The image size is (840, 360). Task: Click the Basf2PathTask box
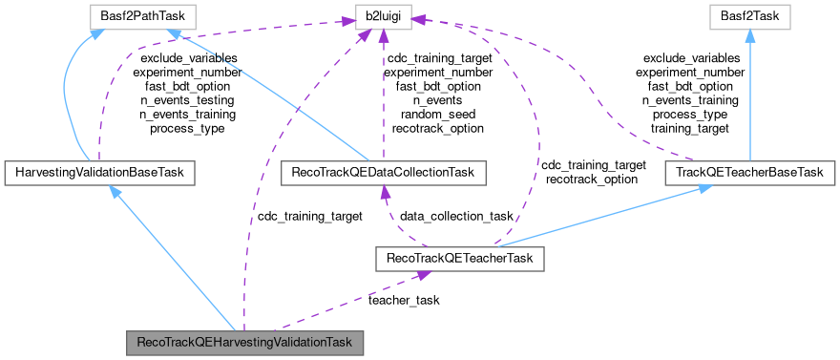tap(142, 16)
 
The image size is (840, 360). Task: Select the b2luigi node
tap(383, 16)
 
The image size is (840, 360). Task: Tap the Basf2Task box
tap(750, 16)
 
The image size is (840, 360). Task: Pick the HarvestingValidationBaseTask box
tap(99, 173)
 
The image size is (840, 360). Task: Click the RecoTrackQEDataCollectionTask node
tap(384, 173)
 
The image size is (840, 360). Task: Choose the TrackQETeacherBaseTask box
tap(750, 173)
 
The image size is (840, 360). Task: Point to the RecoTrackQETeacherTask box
tap(460, 258)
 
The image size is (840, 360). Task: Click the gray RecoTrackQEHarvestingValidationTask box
tap(245, 342)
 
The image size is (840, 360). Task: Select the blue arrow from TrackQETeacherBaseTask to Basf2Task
tap(750, 95)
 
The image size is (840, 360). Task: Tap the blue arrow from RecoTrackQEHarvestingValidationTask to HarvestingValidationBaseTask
tap(172, 258)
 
